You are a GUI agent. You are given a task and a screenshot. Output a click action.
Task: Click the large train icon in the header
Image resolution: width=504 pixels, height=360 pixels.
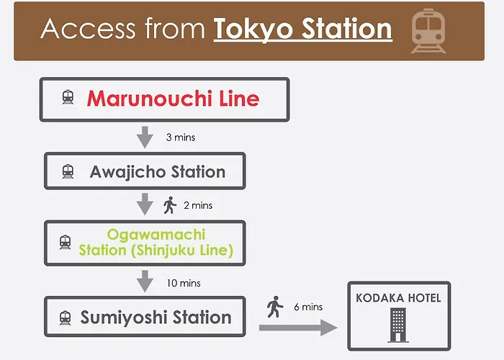click(428, 30)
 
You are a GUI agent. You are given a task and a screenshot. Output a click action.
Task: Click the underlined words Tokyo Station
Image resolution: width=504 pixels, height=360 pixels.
click(303, 30)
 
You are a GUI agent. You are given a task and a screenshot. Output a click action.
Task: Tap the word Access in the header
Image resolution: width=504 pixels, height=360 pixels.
click(88, 29)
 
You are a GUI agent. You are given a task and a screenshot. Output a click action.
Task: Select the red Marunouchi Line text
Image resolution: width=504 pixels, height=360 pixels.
click(173, 99)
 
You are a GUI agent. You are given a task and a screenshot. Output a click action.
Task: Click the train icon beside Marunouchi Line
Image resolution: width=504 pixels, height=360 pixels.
click(68, 97)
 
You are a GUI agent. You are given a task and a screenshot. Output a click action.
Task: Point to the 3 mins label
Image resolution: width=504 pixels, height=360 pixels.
click(181, 138)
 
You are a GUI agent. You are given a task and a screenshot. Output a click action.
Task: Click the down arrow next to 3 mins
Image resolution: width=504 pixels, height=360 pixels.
click(145, 138)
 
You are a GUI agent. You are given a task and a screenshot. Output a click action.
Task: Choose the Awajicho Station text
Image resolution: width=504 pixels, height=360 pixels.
click(158, 171)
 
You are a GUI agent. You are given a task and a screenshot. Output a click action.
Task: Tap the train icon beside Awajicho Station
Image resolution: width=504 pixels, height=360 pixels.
click(68, 171)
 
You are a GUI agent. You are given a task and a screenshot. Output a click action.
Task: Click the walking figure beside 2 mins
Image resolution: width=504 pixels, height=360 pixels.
click(170, 205)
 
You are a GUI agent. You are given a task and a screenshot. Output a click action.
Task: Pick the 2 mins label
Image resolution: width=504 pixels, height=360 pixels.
click(198, 205)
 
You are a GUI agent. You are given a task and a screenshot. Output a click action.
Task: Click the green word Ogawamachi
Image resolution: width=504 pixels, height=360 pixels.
click(156, 235)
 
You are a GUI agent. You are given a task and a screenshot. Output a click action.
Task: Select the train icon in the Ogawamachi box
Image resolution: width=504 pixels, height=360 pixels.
click(66, 242)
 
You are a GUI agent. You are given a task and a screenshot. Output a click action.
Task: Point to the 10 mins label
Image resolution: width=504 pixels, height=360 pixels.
click(184, 283)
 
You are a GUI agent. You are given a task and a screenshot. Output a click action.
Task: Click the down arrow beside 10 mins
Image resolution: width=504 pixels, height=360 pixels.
click(145, 282)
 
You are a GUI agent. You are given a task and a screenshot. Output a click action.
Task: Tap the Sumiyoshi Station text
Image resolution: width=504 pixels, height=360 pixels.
click(156, 318)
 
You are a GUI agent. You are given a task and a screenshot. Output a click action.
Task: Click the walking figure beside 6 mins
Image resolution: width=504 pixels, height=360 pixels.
click(275, 307)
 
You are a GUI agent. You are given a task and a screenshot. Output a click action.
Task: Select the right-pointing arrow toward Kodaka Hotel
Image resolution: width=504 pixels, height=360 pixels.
click(298, 328)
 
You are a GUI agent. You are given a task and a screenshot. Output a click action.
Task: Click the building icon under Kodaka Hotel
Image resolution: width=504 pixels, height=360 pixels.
click(398, 325)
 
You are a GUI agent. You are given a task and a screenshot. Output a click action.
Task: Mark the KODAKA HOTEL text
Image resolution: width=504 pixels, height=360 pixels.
click(399, 298)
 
